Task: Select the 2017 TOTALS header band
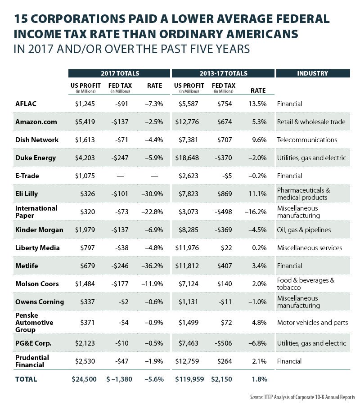point(119,73)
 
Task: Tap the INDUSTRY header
point(312,73)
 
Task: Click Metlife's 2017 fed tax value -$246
point(119,266)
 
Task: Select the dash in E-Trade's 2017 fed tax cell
point(120,176)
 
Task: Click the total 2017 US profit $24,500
point(84,379)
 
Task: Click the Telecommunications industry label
point(307,140)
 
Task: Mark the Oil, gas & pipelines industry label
point(304,230)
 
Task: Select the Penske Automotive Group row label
point(34,323)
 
